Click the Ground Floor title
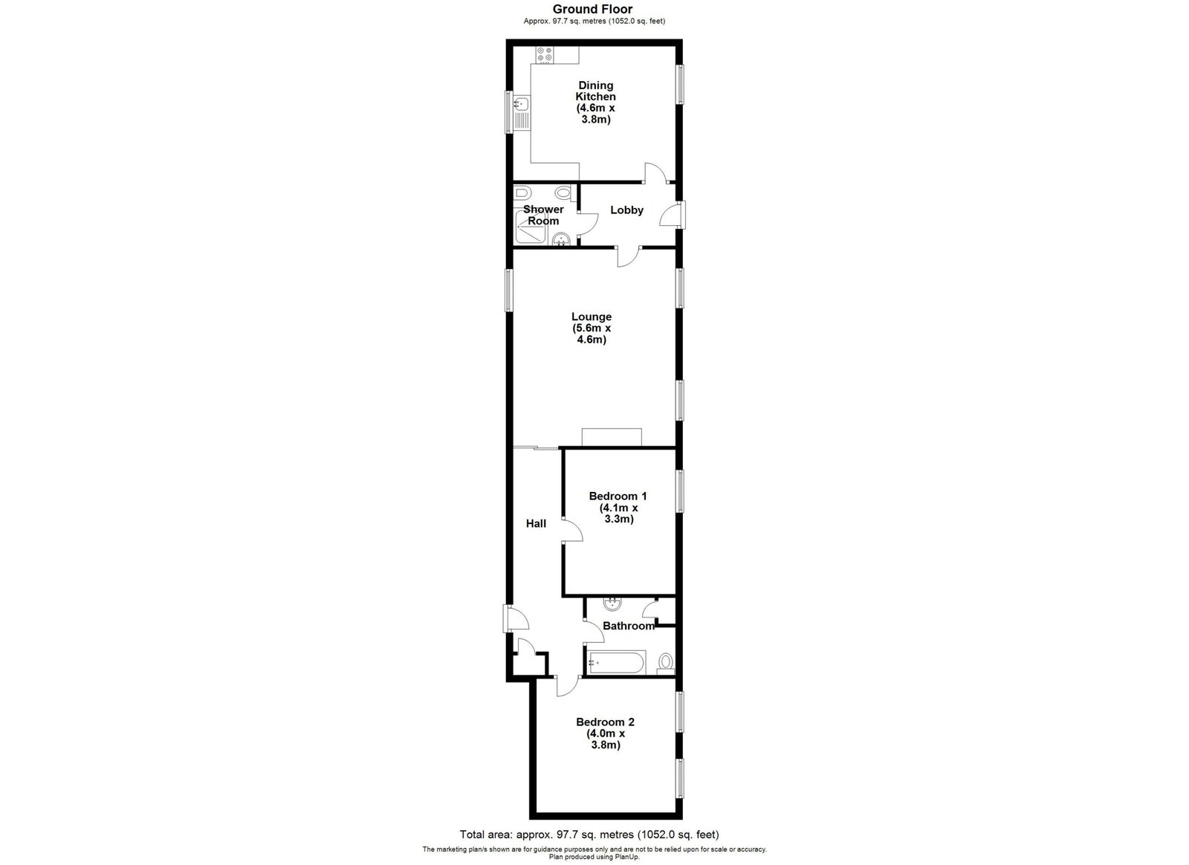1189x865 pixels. coord(592,9)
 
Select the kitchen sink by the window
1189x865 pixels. coord(149,113)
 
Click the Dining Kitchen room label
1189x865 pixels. coord(595,91)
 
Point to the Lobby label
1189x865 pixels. coord(626,210)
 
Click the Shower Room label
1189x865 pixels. coord(543,215)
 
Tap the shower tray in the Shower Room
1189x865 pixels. coord(531,227)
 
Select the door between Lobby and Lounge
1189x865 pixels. coord(629,256)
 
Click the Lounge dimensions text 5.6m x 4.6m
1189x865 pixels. coord(592,334)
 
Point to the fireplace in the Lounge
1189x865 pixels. coord(612,437)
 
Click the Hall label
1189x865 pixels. coord(536,524)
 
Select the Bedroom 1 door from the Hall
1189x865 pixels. coord(572,531)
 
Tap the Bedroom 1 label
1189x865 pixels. coord(618,496)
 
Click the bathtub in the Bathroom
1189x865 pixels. coord(616,662)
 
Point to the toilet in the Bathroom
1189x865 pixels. coord(665,663)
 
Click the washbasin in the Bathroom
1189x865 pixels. coord(612,604)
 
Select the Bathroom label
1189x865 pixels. coord(629,626)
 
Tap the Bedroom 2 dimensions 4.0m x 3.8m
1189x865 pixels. coord(606,739)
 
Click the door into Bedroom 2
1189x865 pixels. coord(568,687)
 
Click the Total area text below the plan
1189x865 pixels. coord(589,835)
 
